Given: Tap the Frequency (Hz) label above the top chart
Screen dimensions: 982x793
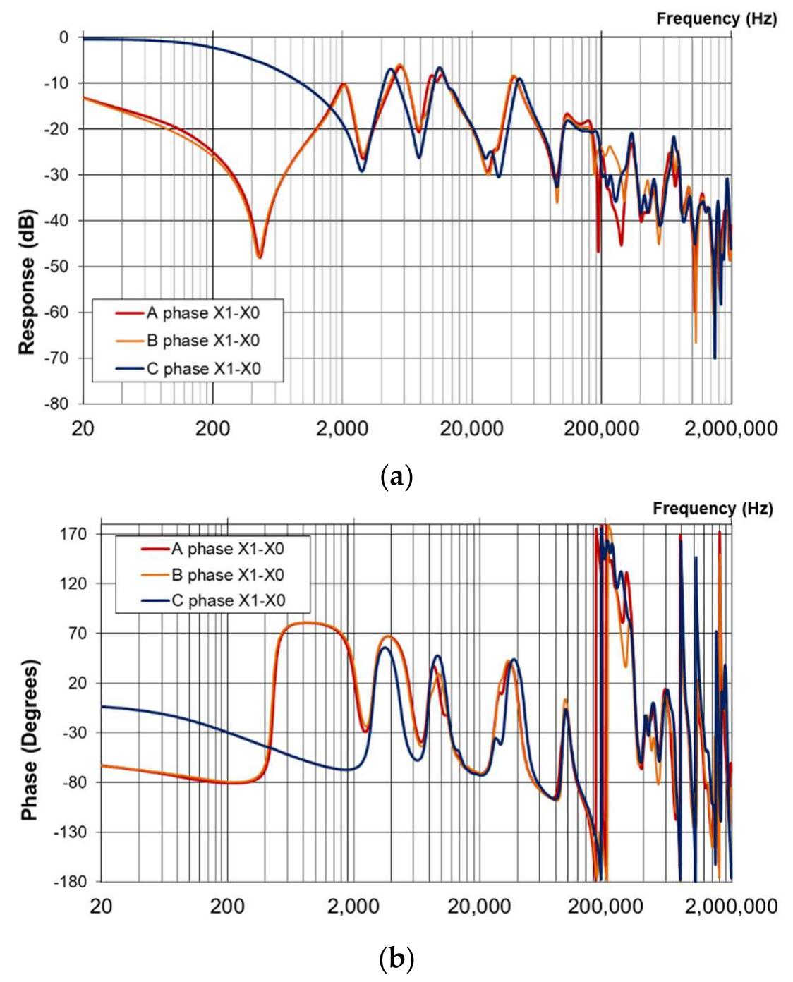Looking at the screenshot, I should (x=716, y=19).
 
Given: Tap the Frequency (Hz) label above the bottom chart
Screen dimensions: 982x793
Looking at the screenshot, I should (x=713, y=509).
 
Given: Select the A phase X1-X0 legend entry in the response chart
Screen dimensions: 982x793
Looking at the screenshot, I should (x=203, y=313).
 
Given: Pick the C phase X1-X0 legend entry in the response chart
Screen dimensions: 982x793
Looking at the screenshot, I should (x=203, y=369).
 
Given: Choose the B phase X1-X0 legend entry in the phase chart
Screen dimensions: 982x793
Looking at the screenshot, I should (x=227, y=575).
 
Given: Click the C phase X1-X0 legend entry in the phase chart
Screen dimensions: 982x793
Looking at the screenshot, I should (x=227, y=600).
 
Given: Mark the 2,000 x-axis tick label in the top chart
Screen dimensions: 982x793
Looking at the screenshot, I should (x=341, y=428).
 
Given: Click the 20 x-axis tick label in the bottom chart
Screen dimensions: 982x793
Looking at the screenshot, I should (x=102, y=905).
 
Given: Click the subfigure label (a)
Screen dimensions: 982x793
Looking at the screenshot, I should (x=396, y=478).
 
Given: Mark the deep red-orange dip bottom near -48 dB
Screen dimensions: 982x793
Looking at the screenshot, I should (x=259, y=257).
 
